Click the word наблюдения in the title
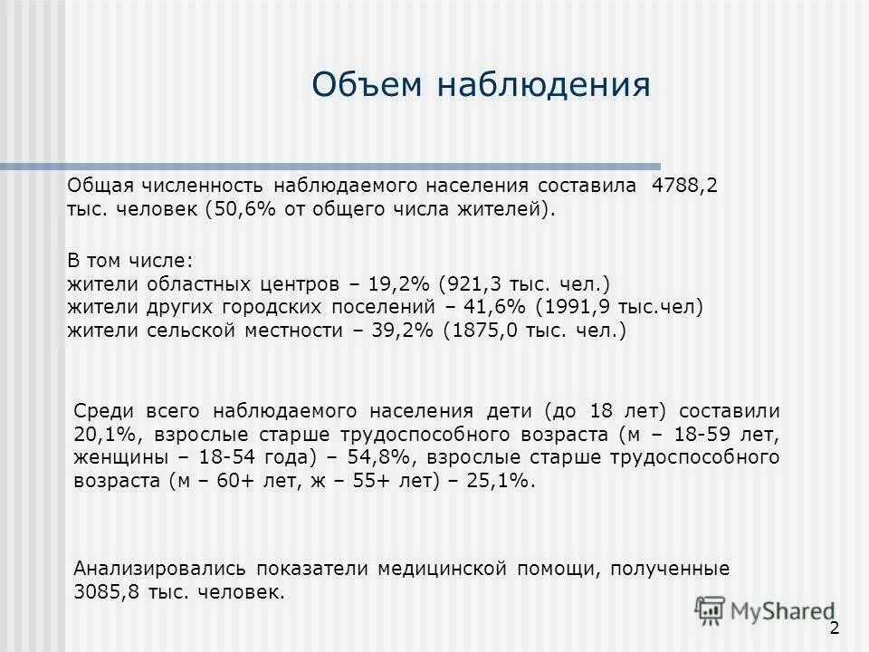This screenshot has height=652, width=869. pyautogui.click(x=544, y=84)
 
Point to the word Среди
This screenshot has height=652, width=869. pyautogui.click(x=102, y=409)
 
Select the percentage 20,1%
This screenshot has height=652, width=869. pyautogui.click(x=99, y=433)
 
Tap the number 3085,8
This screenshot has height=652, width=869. pyautogui.click(x=101, y=593)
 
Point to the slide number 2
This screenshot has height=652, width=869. pyautogui.click(x=834, y=629)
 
